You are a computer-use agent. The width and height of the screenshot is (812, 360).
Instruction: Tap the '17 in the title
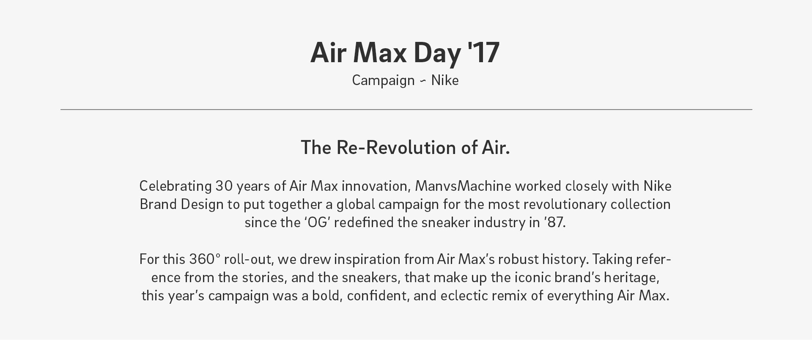tap(483, 52)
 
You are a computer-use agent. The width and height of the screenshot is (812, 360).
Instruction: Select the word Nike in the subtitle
tap(445, 80)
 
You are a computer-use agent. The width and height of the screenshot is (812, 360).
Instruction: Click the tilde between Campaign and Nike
tap(423, 81)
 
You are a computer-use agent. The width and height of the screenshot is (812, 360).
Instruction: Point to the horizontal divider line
tap(406, 110)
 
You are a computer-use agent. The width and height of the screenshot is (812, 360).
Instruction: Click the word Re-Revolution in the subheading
tap(396, 148)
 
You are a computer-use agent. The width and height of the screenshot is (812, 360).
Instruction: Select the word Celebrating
tap(176, 186)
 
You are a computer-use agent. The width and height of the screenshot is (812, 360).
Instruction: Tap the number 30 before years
tap(224, 186)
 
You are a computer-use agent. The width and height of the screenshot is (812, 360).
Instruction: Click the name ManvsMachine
tap(463, 186)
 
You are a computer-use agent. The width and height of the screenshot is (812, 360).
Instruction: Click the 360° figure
tap(205, 259)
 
